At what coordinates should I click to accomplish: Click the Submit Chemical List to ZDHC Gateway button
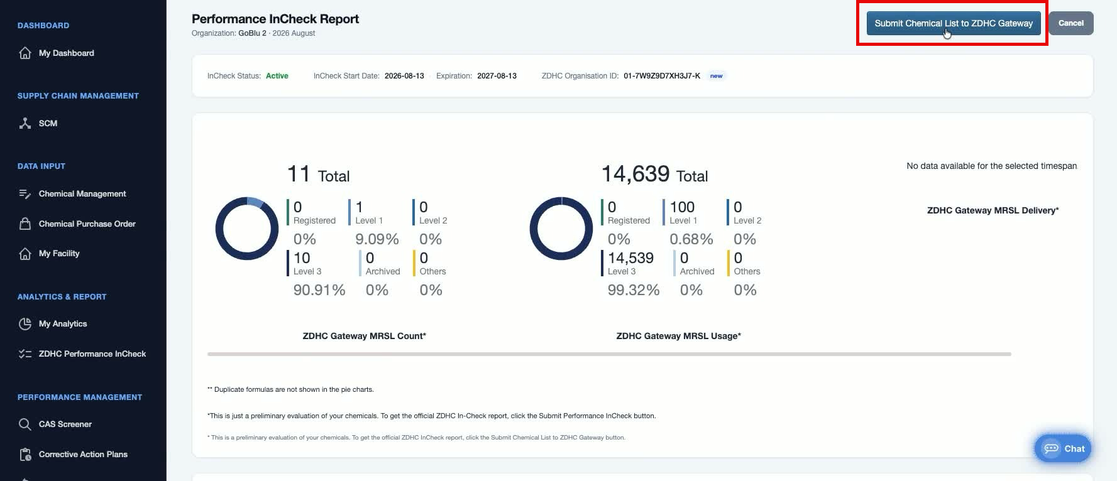[954, 23]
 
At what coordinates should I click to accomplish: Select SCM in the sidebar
[38, 124]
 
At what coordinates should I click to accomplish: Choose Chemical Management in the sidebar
[72, 194]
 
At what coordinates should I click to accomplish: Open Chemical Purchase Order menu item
[77, 224]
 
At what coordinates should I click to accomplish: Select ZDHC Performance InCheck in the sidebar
[82, 354]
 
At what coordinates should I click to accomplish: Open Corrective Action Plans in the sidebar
[73, 455]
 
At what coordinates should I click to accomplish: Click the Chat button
[1063, 448]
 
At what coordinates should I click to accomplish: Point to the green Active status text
[277, 76]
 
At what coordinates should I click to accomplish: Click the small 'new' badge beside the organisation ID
[716, 76]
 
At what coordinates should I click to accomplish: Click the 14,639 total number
[636, 174]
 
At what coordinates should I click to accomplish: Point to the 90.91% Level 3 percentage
[319, 290]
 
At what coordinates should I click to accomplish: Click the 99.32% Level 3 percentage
[634, 290]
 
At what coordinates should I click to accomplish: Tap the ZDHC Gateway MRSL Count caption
[365, 336]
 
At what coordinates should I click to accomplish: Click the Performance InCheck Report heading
[275, 19]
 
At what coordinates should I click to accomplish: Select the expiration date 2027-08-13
[497, 76]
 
